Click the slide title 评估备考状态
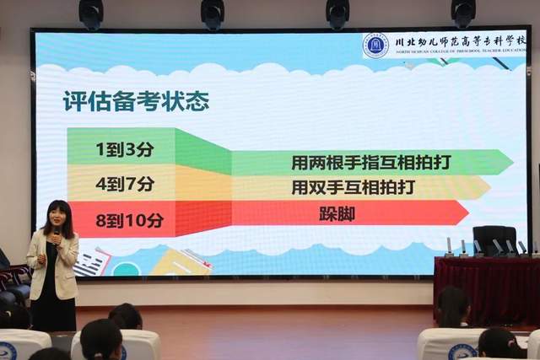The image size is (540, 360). (136, 102)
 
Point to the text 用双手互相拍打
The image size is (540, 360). (341, 186)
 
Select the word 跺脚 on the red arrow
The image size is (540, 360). (337, 213)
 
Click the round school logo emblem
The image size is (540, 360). (375, 45)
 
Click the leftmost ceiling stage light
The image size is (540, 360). (91, 12)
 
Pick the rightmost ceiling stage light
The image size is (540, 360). (462, 12)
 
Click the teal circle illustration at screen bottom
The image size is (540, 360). (127, 269)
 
